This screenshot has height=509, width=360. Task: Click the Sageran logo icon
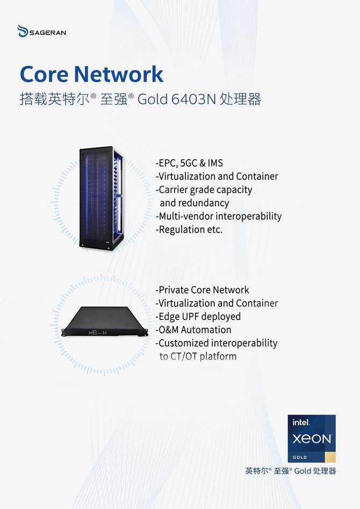point(23,31)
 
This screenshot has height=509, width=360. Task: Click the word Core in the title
point(44,74)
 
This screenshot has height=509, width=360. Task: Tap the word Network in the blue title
point(119,74)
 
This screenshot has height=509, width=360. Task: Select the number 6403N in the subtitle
point(193,99)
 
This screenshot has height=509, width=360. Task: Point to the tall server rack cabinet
point(102,198)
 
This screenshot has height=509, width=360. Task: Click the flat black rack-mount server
point(105,321)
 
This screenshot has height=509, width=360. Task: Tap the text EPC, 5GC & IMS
point(189,163)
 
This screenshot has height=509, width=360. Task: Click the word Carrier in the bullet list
point(173,190)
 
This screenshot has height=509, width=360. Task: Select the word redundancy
point(195,203)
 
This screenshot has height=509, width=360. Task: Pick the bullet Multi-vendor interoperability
point(219,216)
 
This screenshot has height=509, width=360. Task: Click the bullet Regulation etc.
point(189,230)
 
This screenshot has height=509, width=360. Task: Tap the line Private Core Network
point(202,290)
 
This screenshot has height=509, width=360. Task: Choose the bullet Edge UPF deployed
point(198,317)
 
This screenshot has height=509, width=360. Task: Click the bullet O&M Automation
point(193,330)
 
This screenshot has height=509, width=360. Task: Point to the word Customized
point(183,343)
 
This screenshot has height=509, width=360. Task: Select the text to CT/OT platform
point(198,356)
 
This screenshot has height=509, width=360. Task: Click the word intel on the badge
point(301,422)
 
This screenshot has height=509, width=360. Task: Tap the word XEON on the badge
point(312,439)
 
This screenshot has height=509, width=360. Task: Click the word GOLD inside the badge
point(300,457)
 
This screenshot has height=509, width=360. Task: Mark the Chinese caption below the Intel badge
point(291,471)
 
